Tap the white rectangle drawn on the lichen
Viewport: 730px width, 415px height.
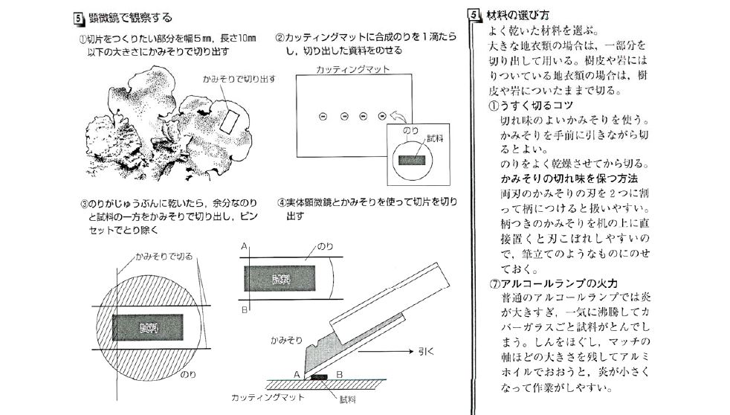229,116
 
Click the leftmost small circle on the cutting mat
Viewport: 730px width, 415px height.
323,115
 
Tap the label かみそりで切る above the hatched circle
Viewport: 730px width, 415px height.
164,256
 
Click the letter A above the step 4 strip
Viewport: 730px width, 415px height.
245,245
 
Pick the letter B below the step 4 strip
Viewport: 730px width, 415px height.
245,309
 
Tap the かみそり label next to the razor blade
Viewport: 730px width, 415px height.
286,339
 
